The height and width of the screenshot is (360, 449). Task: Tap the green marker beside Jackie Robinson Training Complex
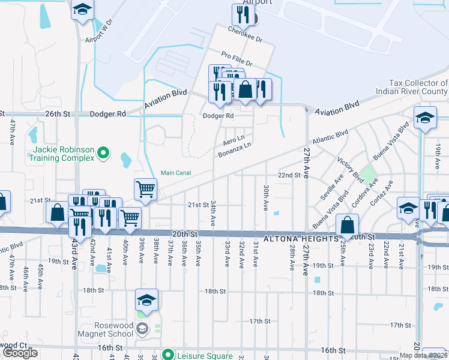[x=103, y=153]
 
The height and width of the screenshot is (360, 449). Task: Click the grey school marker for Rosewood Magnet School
[x=142, y=328]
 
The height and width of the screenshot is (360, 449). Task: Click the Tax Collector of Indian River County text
[x=412, y=88]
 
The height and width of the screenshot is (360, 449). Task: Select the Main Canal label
[x=175, y=173]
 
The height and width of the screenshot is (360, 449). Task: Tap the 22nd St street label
[x=289, y=175]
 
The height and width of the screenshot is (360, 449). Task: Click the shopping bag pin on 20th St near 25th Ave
[x=348, y=226]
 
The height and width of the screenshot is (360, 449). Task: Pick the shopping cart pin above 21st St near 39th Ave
[x=145, y=189]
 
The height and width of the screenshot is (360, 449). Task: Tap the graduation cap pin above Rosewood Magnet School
[x=146, y=299]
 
